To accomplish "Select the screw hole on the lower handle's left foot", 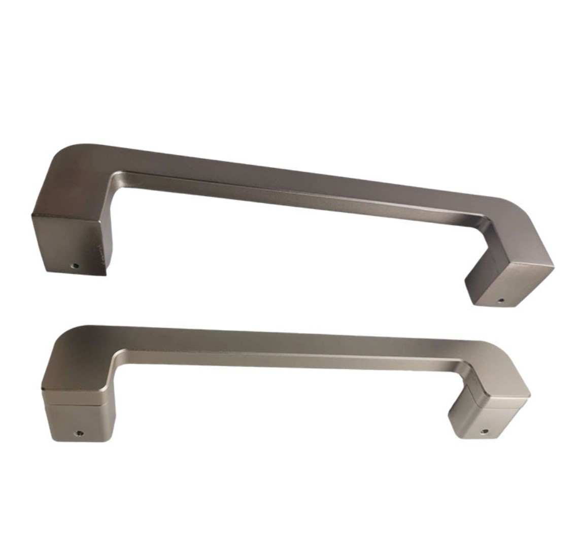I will point(79,433).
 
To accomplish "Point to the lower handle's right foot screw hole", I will point(484,433).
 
